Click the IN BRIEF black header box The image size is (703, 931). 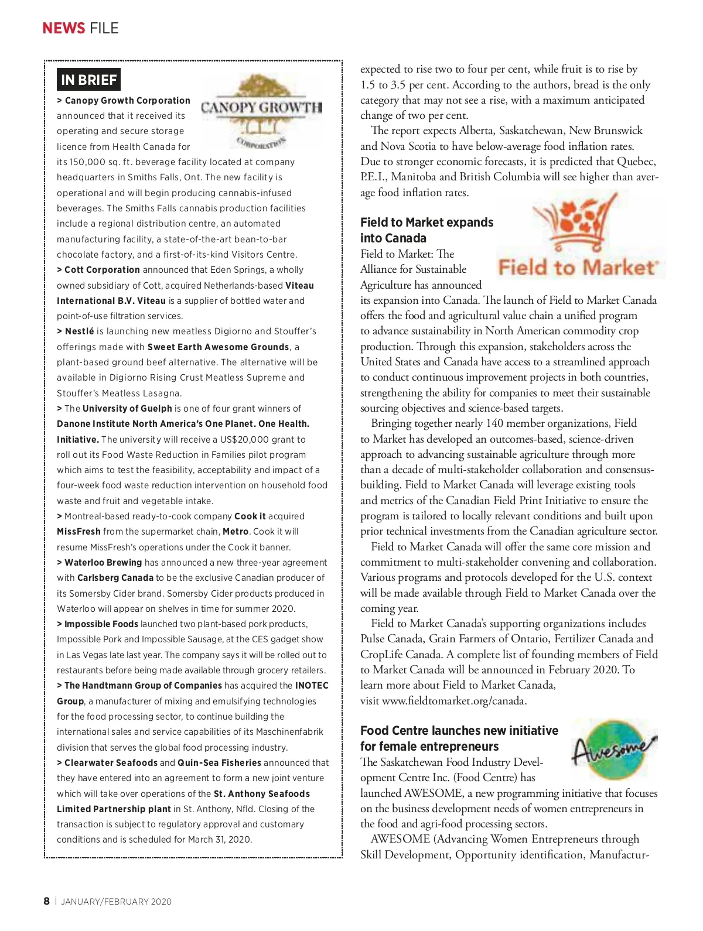click(89, 80)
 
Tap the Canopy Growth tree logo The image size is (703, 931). click(261, 111)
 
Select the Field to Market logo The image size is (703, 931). click(579, 237)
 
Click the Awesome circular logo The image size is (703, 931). click(613, 749)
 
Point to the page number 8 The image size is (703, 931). click(47, 901)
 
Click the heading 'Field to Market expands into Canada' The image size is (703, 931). click(426, 230)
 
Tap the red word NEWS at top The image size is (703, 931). click(64, 28)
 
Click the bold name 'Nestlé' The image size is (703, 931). click(79, 331)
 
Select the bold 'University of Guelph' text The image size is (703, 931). click(127, 409)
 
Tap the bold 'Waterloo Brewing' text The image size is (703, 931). click(103, 563)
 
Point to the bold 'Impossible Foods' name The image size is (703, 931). click(101, 624)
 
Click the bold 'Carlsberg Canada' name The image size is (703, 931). click(115, 578)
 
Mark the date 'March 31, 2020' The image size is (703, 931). click(220, 840)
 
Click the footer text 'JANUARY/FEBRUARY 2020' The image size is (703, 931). click(117, 902)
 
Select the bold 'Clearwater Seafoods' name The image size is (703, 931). click(111, 763)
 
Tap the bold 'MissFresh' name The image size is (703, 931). click(79, 532)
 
